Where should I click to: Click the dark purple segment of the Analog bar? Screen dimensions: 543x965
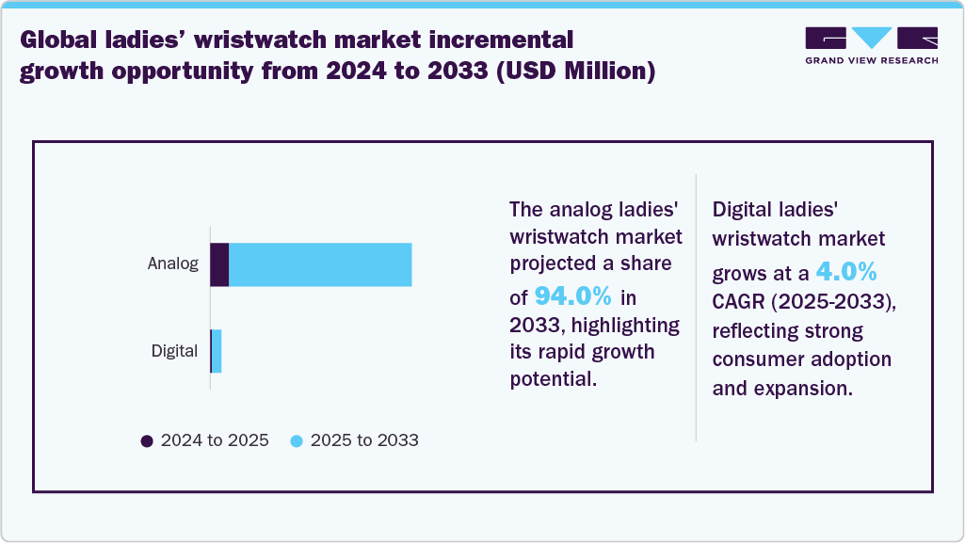pos(219,264)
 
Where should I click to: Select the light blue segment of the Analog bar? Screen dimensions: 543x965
pos(320,264)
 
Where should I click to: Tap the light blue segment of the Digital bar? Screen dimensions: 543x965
pos(217,351)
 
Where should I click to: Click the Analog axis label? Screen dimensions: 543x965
pos(172,264)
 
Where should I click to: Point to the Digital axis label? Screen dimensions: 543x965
pos(174,351)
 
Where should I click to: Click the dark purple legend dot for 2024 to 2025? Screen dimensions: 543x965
pos(146,440)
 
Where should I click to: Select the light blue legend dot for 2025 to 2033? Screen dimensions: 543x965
pos(297,440)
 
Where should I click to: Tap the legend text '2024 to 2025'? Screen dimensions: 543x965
pos(215,440)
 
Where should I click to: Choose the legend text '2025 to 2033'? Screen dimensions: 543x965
pos(364,440)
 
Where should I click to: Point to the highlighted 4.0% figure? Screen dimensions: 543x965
pos(846,273)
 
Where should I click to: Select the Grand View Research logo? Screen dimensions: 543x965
pos(871,39)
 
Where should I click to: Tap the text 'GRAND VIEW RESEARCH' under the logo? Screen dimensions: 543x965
pos(871,60)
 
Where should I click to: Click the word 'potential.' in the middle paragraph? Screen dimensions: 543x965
pos(553,380)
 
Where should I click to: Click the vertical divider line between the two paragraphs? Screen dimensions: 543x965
pos(696,307)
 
